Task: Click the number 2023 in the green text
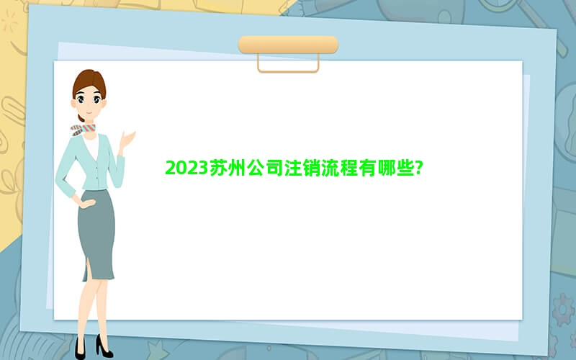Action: click(187, 168)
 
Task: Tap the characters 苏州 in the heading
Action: click(228, 168)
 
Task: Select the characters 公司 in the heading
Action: click(264, 168)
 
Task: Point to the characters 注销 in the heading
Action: click(302, 168)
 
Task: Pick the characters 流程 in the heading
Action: click(340, 168)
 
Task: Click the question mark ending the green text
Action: click(419, 168)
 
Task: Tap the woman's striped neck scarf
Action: click(83, 130)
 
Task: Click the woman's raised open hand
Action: click(127, 140)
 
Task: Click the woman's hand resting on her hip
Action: click(87, 202)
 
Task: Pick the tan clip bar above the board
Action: click(289, 45)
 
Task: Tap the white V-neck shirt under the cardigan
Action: click(91, 146)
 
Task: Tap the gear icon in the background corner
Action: click(563, 310)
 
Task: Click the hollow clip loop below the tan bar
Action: click(289, 71)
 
